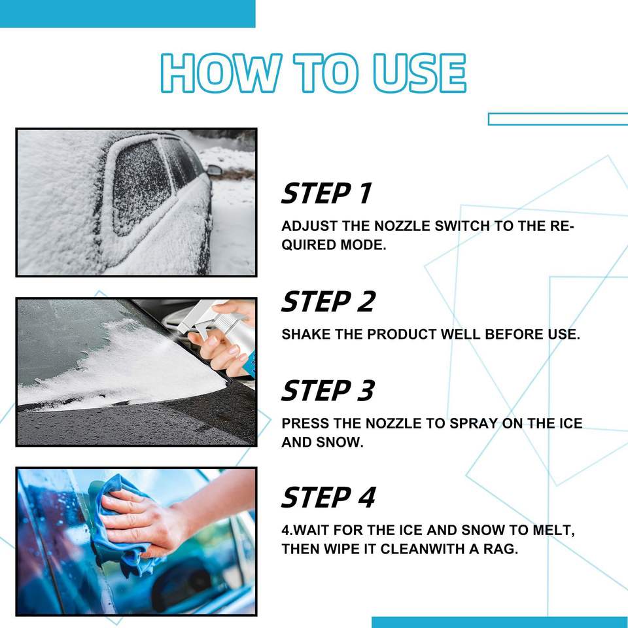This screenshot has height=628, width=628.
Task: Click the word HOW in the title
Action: point(220,73)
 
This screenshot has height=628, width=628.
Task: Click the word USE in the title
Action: point(419,73)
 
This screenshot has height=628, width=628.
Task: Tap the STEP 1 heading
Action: point(326,193)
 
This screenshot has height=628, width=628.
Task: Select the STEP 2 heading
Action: point(328,302)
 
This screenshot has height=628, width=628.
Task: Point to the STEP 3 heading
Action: point(328,391)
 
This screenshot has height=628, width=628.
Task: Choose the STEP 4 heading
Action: point(328,497)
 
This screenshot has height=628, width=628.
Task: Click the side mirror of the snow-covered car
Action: point(215,170)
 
